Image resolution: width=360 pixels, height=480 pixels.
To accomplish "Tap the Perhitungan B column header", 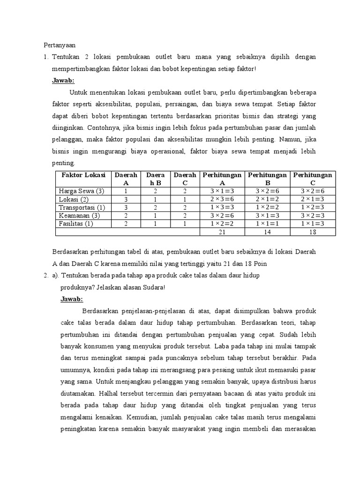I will pos(267,179).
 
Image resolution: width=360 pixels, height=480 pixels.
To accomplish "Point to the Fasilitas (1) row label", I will pos(75,224).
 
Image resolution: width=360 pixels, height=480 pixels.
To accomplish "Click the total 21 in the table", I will pos(223,232).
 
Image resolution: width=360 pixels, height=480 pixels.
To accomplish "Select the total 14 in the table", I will pos(267,232).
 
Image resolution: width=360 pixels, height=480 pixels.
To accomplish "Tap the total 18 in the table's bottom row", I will pos(313,232).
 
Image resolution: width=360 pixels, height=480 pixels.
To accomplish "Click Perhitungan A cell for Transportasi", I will pos(223,207).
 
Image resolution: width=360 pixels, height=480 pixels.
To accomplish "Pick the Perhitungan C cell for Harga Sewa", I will pos(313,191).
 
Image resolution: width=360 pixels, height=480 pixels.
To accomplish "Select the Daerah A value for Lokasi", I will pos(126,199).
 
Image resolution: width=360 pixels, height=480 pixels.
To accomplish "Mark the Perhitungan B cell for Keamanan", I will pos(267,216).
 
